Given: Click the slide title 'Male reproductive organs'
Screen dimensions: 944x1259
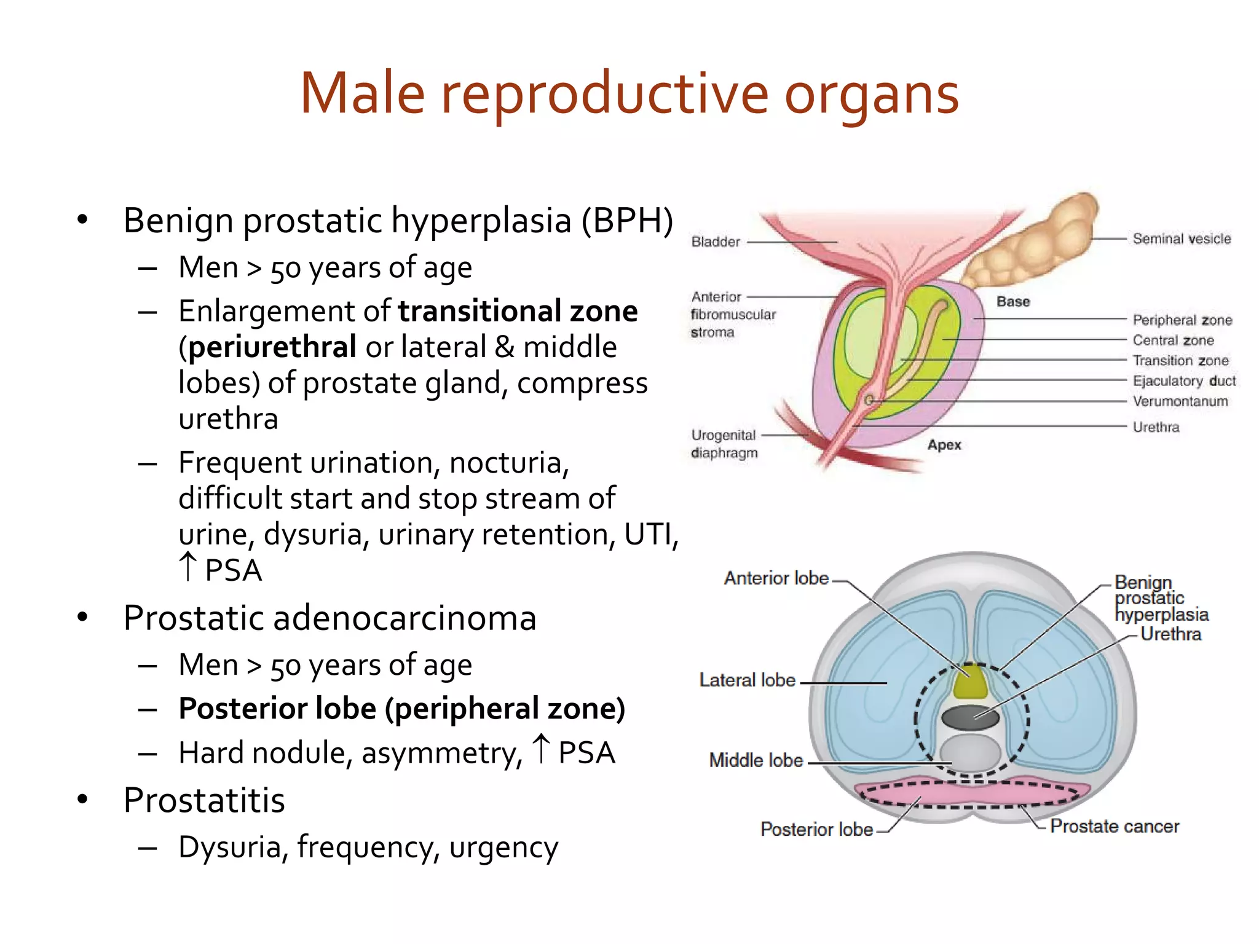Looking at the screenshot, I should pos(629,94).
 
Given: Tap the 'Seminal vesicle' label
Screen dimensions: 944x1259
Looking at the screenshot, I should pos(1181,238).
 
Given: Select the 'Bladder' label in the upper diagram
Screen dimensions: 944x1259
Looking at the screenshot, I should pos(716,242).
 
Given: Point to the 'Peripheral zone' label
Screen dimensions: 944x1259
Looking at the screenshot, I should pos(1182,320).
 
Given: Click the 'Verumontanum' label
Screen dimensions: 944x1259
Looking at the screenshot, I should pos(1180,401).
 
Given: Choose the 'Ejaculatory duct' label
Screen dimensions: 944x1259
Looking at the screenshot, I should pos(1183,381).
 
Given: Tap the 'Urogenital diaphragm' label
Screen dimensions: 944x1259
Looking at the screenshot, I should pos(724,444).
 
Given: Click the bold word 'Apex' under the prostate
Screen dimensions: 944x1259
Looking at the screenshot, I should pos(944,444).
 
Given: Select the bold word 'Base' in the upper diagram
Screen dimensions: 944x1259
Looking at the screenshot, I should pos(1012,301).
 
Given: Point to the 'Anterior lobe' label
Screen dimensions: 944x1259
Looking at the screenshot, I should pos(776,578).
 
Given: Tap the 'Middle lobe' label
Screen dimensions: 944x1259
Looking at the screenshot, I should pos(756,760).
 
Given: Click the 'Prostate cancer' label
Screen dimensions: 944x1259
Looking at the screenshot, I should pos(1114,826).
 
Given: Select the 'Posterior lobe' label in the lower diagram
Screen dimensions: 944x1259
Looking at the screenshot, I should pos(816,829).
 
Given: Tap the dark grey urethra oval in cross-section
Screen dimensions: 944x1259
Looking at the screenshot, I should pos(970,717).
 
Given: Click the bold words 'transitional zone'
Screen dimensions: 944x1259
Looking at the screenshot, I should pos(518,311).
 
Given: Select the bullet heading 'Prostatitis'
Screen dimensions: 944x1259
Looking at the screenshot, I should pos(204,800).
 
